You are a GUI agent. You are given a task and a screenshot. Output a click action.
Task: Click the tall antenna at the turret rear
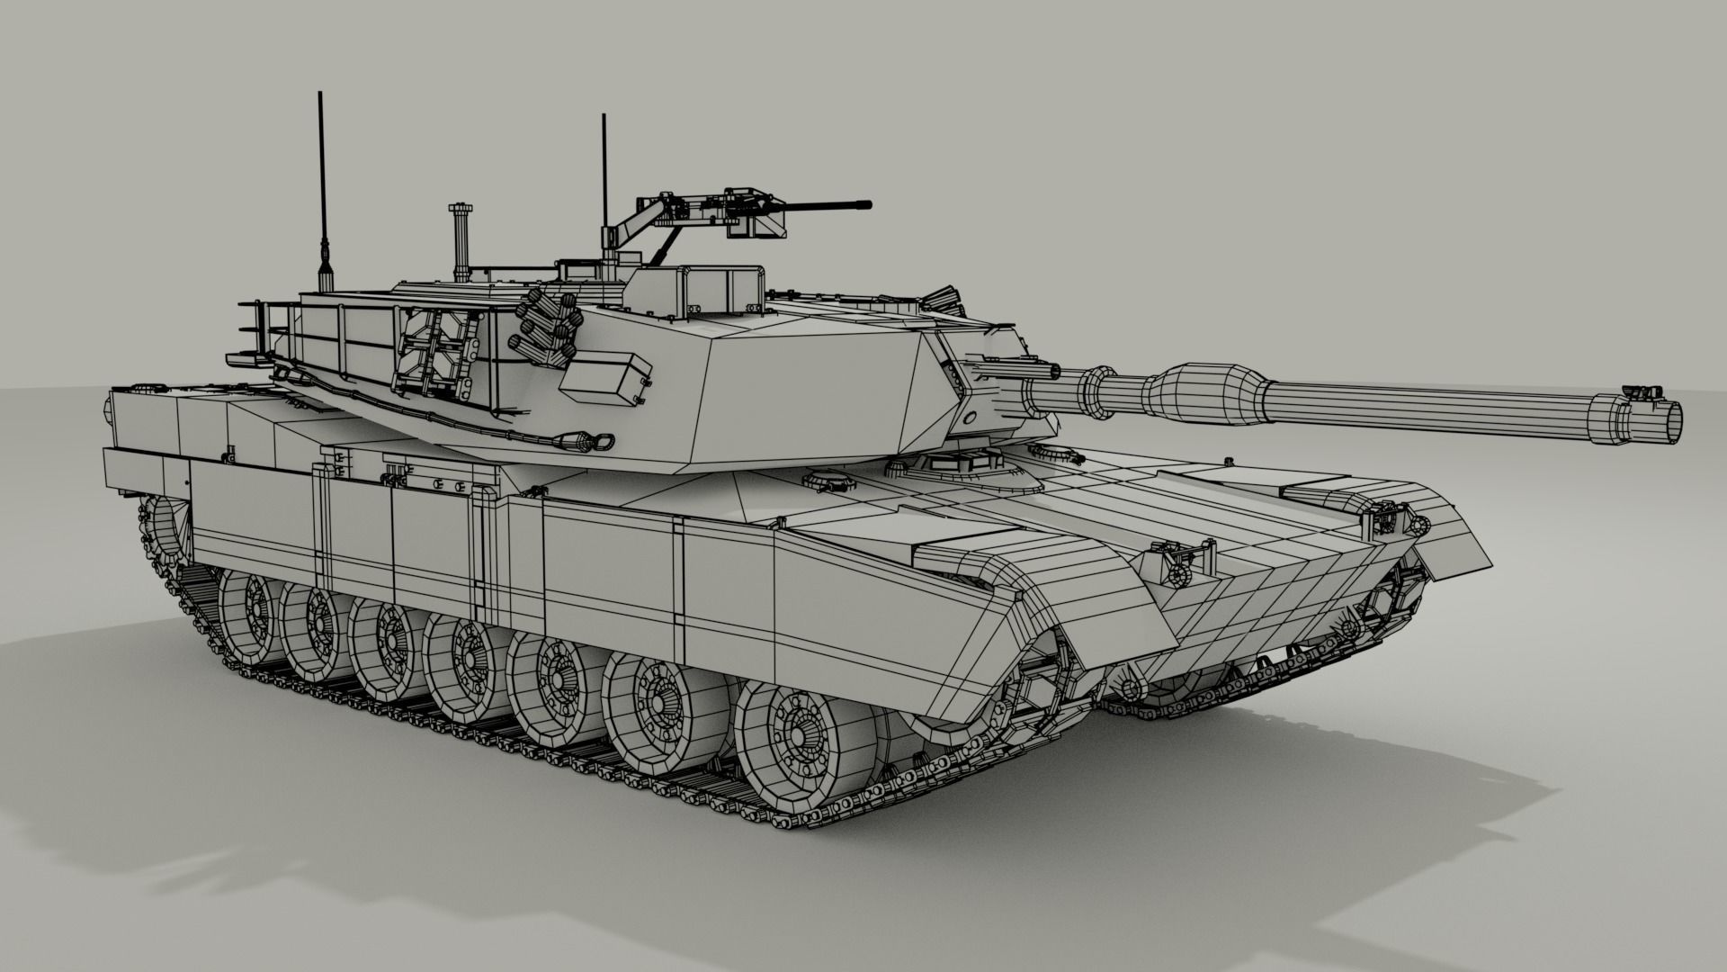point(321,180)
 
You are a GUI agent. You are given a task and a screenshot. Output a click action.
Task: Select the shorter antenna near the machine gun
point(604,180)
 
